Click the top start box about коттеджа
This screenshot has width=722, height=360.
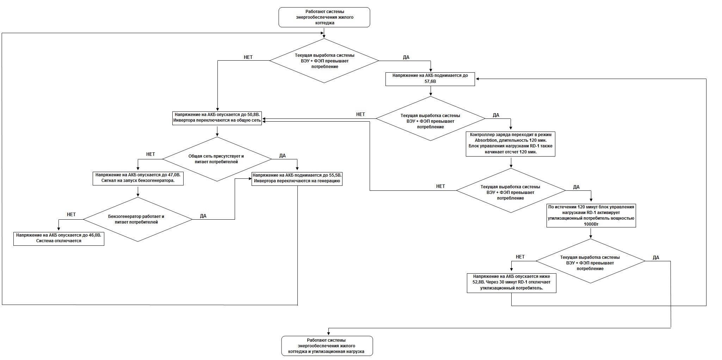tap(324, 17)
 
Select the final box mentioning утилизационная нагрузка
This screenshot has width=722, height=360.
tap(327, 346)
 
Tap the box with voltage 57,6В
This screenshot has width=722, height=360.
tap(430, 79)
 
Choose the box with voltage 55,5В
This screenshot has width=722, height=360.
tap(297, 178)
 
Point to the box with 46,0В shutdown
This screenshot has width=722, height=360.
tap(59, 239)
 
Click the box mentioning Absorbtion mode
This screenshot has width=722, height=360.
tap(511, 144)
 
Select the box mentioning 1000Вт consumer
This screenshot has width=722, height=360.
tap(591, 215)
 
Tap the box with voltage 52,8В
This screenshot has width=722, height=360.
tap(512, 283)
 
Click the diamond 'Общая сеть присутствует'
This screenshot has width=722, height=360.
tap(217, 159)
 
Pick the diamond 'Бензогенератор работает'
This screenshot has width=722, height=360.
tap(138, 219)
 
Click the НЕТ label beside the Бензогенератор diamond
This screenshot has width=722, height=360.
tap(71, 214)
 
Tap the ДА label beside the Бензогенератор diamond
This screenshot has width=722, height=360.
tap(203, 216)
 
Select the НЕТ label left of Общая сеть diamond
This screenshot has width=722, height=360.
tap(150, 154)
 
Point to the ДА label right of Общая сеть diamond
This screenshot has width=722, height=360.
tap(283, 155)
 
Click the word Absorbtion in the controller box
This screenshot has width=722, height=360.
tap(488, 140)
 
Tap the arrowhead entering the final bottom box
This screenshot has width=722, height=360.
tap(328, 334)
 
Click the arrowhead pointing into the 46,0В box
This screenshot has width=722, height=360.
tap(59, 230)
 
